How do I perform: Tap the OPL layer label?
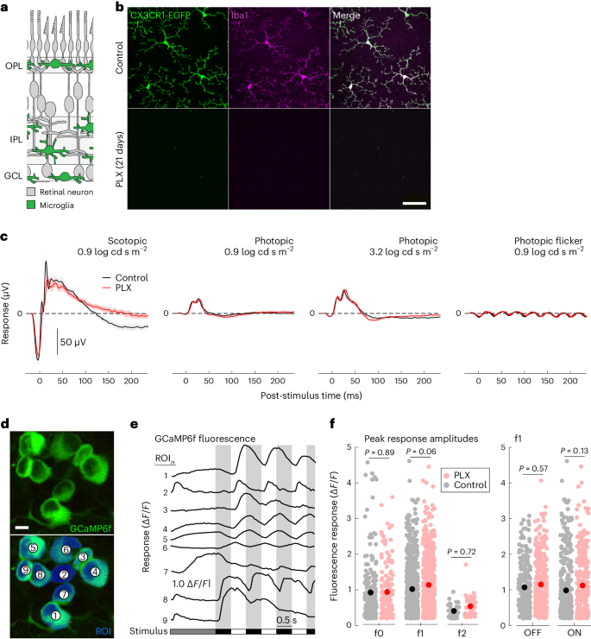[12, 64]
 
